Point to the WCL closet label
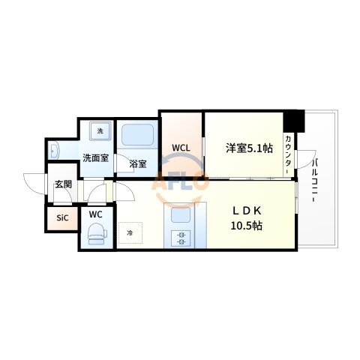coord(181,148)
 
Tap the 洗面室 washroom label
coord(95,158)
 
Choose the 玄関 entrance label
coord(62,184)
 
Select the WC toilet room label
coord(95,214)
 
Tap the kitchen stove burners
coord(180,240)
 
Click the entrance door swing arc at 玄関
coord(34,182)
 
